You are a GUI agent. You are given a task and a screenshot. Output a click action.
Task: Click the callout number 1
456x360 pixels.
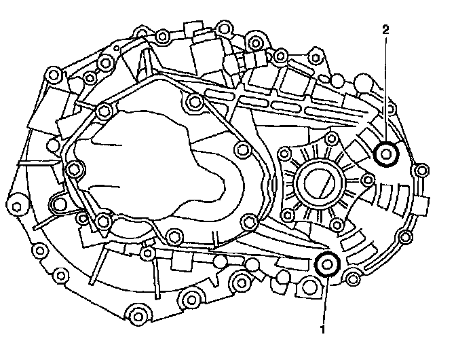[x=323, y=329]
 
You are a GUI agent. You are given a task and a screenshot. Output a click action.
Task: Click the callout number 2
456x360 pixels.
[x=385, y=30]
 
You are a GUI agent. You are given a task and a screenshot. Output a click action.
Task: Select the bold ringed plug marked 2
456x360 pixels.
[x=387, y=155]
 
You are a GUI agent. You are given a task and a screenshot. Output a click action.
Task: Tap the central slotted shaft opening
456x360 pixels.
[x=320, y=183]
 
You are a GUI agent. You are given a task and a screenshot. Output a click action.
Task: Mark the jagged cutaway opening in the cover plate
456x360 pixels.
[x=156, y=163]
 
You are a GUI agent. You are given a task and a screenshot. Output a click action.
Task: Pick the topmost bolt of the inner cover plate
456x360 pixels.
[x=195, y=103]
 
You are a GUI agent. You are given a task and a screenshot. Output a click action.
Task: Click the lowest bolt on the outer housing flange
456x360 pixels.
[x=140, y=314]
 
